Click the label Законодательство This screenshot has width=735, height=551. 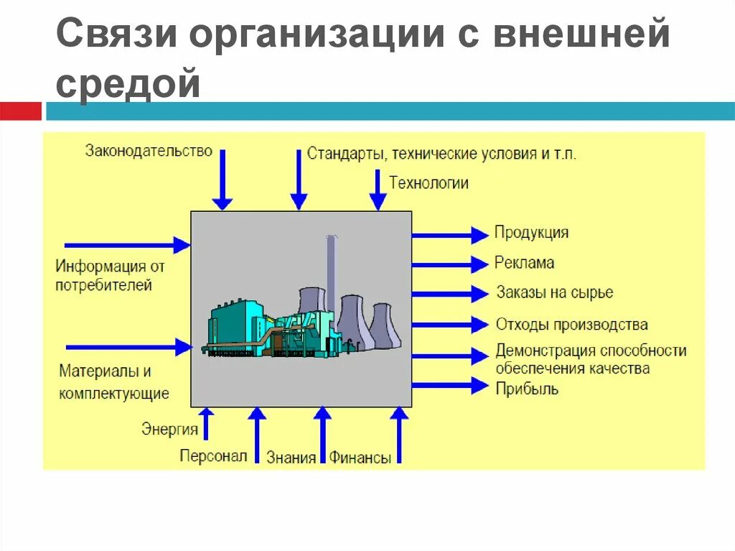[149, 151]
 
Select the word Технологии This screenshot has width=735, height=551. [429, 183]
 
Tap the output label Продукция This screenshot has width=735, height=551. [531, 233]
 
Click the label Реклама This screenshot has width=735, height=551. [524, 263]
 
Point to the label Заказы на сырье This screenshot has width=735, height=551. [554, 293]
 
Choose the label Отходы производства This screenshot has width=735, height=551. [571, 325]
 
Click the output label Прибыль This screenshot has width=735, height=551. [526, 389]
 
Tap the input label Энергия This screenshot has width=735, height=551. [169, 430]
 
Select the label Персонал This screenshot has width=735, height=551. [213, 456]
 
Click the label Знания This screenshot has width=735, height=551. [291, 458]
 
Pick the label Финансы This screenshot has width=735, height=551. [360, 458]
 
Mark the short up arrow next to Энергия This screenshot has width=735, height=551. [206, 423]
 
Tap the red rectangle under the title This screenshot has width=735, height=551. [20, 111]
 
